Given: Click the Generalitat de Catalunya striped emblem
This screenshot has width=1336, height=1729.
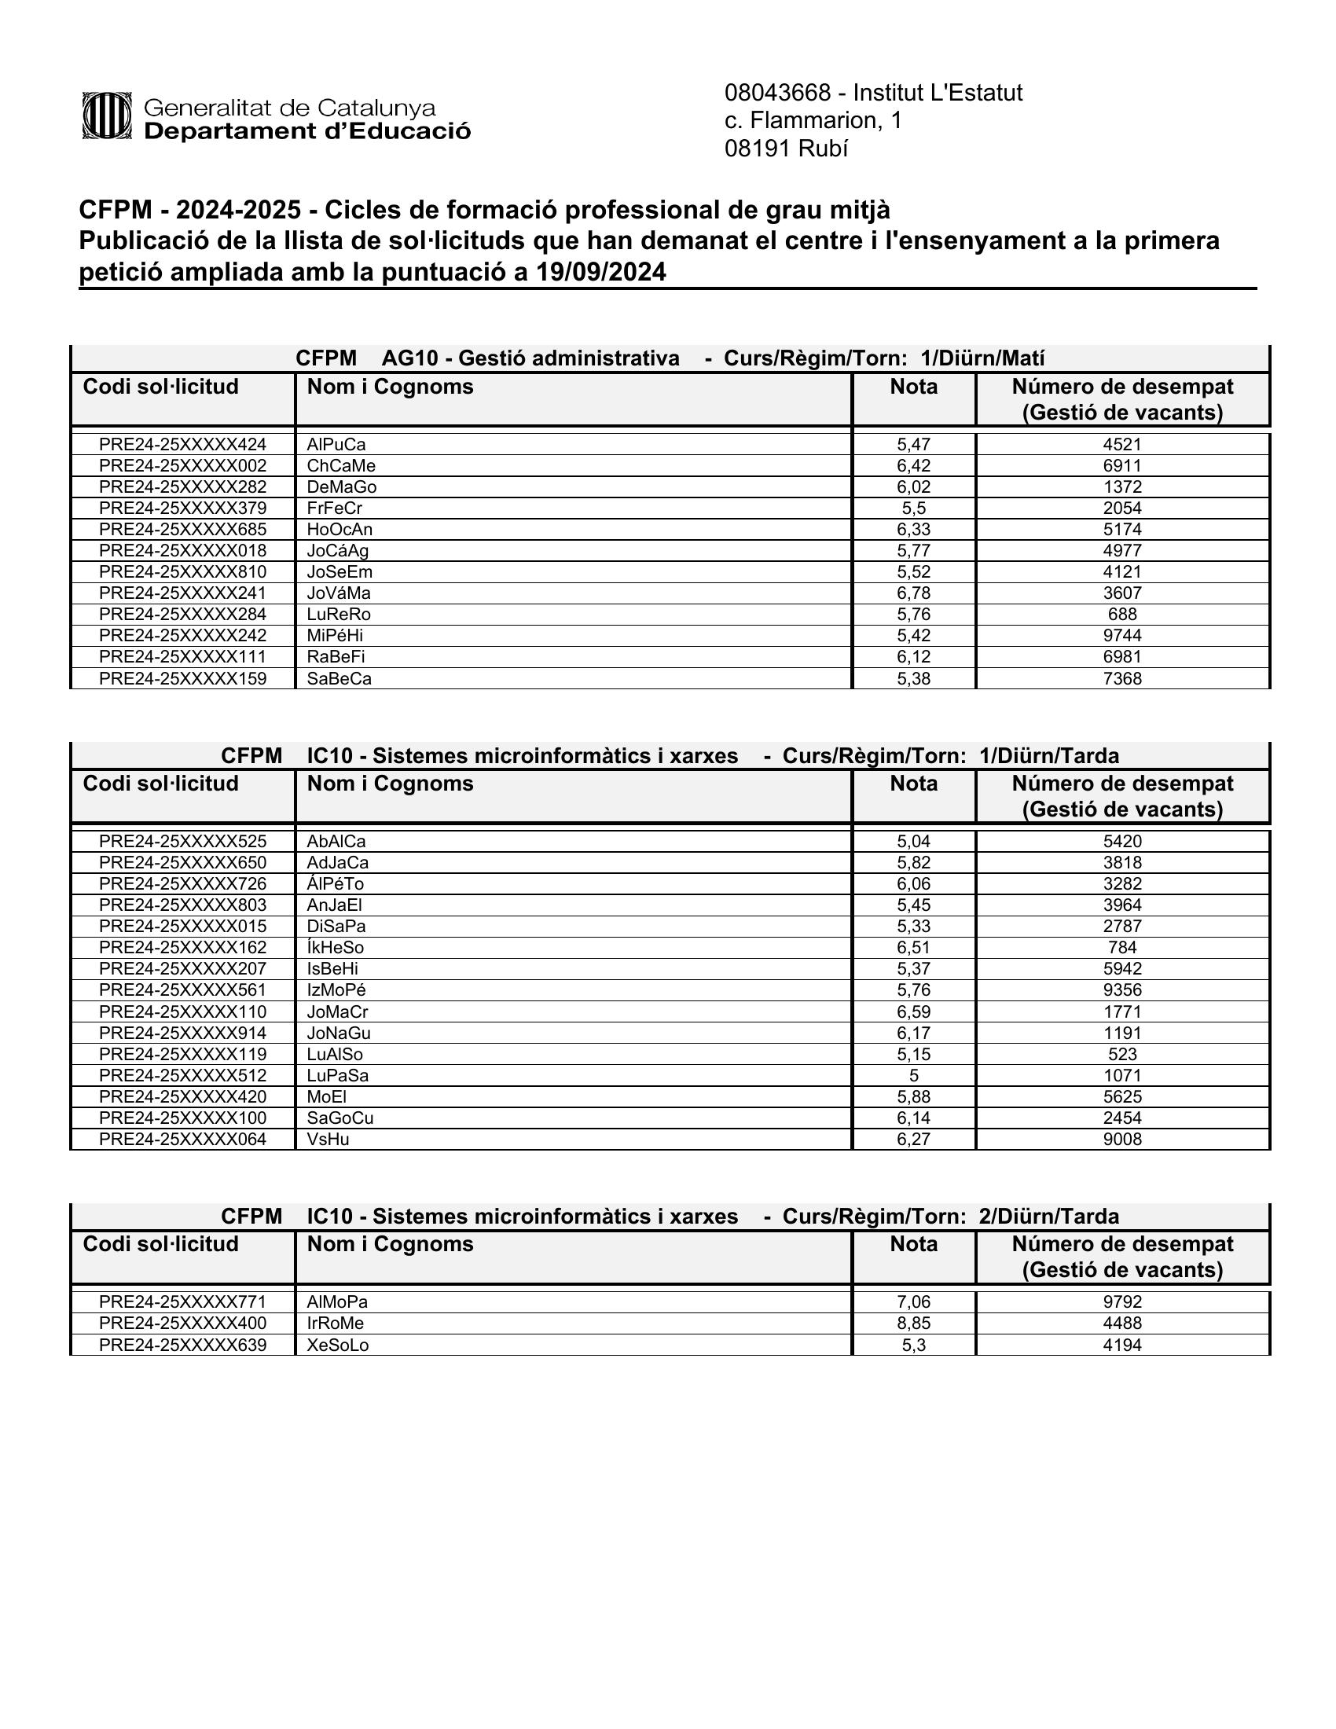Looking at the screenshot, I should click(x=106, y=116).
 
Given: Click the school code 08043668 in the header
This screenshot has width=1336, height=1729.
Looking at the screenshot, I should click(x=777, y=94).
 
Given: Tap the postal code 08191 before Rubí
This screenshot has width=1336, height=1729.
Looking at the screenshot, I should click(x=758, y=149).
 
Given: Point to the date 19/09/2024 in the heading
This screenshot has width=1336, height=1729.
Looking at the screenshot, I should click(x=600, y=273).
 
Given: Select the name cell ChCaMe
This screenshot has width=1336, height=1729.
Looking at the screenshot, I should click(x=341, y=465).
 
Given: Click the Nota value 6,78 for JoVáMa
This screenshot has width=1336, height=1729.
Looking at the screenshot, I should click(x=913, y=593).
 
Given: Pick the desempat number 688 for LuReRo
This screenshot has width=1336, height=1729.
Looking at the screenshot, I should click(x=1122, y=615).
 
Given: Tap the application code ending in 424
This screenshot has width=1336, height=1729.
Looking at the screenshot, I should click(x=183, y=444).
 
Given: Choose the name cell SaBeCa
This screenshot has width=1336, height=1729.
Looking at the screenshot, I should click(x=339, y=678).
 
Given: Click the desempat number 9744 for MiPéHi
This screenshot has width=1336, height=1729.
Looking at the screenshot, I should click(x=1122, y=636).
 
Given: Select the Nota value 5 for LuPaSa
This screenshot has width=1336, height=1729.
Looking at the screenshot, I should click(x=913, y=1075).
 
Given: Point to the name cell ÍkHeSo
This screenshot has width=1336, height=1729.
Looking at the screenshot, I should click(x=335, y=948).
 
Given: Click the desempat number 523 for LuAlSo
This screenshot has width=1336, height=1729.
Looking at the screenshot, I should click(x=1122, y=1055).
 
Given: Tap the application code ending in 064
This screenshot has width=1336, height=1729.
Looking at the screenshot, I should click(x=183, y=1140).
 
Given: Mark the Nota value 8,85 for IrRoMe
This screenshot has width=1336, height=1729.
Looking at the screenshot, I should click(x=913, y=1323).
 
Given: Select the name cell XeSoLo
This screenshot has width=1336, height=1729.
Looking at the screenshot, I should click(x=337, y=1345).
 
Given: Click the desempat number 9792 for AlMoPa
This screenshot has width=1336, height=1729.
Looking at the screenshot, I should click(x=1122, y=1301).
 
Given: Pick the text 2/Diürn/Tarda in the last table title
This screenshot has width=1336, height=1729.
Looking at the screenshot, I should click(x=1048, y=1216).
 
